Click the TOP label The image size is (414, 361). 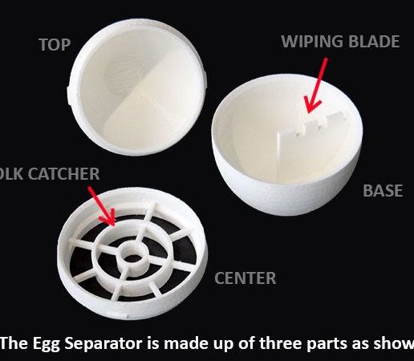55,45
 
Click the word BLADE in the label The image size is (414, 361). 373,42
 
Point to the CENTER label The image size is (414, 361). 245,278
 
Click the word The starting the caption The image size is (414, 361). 14,343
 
